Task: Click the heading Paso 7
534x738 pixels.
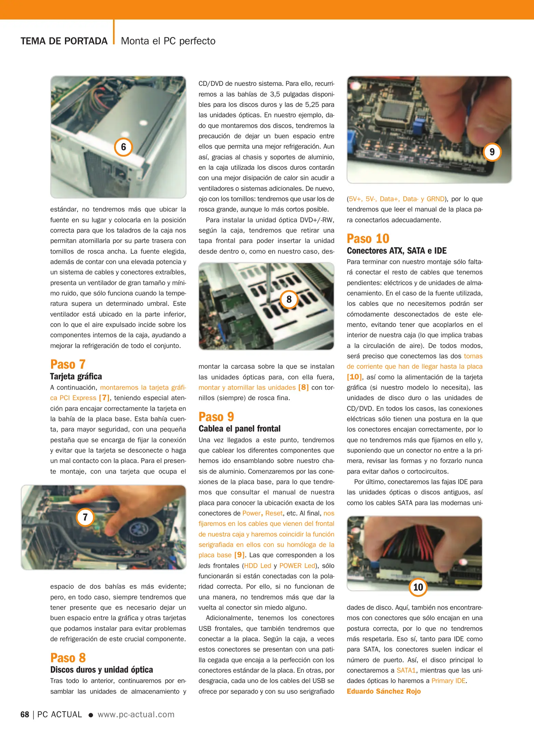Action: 68,364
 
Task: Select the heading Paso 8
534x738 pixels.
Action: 68,658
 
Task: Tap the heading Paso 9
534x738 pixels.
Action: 216,416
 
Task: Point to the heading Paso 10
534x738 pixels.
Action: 368,238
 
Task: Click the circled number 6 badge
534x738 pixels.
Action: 123,147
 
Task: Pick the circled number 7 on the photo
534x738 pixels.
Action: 85,517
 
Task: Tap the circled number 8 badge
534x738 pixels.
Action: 289,299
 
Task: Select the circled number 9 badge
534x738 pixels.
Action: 492,152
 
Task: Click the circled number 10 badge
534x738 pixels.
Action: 418,587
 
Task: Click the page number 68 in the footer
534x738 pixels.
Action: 25,714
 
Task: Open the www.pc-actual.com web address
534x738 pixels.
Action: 136,714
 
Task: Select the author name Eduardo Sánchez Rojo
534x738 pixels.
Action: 383,691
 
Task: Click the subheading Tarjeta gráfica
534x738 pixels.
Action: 76,376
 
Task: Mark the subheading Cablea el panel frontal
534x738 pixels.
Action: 239,428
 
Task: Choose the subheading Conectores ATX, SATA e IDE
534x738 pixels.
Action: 396,250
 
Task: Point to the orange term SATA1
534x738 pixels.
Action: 406,670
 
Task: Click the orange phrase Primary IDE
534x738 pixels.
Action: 448,681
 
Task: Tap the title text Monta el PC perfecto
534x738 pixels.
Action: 168,41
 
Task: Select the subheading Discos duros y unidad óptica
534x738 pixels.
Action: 101,670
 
